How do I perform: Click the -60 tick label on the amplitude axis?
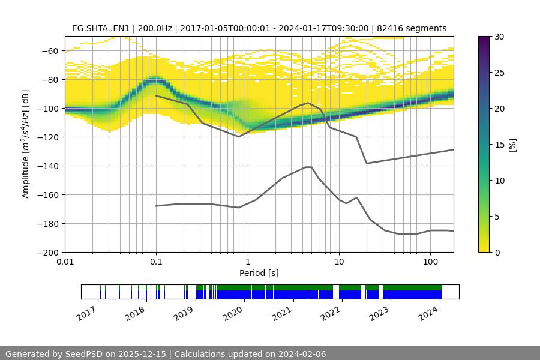point(52,50)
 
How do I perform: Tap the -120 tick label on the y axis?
point(49,137)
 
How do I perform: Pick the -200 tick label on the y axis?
point(49,252)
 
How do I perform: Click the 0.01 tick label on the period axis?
point(65,262)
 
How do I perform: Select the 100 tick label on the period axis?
point(430,262)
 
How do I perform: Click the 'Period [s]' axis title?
point(259,273)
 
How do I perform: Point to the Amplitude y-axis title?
point(25,144)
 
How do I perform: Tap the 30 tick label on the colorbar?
point(499,37)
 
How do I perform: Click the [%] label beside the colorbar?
point(512,145)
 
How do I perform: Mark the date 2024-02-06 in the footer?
point(301,354)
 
